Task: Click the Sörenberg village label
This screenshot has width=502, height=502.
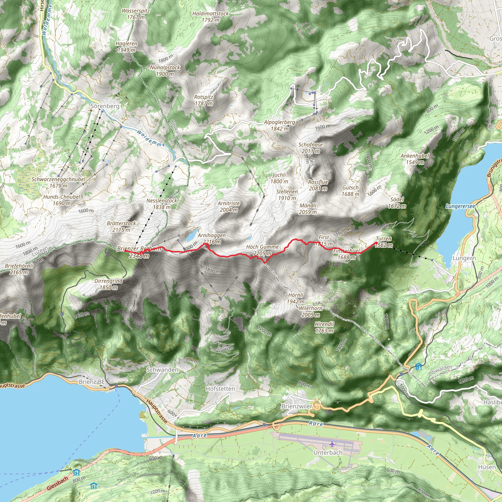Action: pos(105,106)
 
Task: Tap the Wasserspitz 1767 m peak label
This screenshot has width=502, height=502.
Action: pos(136,14)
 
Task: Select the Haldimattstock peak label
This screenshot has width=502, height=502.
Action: pos(211,17)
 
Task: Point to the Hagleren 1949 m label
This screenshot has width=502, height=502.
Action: pos(126,47)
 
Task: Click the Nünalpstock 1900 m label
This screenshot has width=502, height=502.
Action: pos(165,71)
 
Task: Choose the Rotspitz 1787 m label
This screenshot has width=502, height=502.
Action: pos(204,100)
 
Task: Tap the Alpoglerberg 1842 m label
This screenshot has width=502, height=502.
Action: pos(280,125)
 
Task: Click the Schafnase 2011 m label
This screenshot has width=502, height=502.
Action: pos(311,148)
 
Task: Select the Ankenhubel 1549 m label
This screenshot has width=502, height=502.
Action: pos(415,159)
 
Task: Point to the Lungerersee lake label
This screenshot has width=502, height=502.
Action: pos(460,206)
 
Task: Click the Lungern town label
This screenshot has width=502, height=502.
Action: pos(464,258)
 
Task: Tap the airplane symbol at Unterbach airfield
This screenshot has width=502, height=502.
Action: pos(332,444)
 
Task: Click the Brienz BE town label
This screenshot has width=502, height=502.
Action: pos(92,382)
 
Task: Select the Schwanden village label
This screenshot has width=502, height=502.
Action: pos(163,370)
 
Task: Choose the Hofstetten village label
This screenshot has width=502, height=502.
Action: pos(220,389)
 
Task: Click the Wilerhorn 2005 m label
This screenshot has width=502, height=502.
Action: pos(311,312)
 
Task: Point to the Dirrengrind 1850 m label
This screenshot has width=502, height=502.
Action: pos(109,284)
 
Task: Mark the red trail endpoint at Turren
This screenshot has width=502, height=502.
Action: pos(376,243)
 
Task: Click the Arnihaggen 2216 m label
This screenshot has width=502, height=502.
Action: pos(212,238)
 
